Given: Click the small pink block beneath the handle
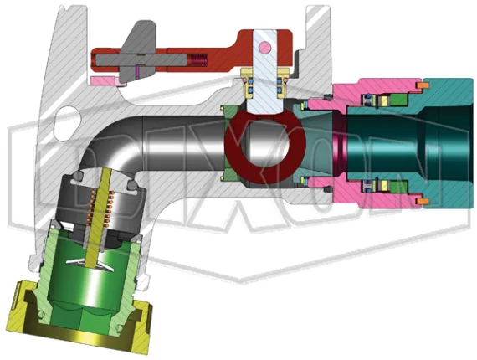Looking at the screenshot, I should click(103, 80).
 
